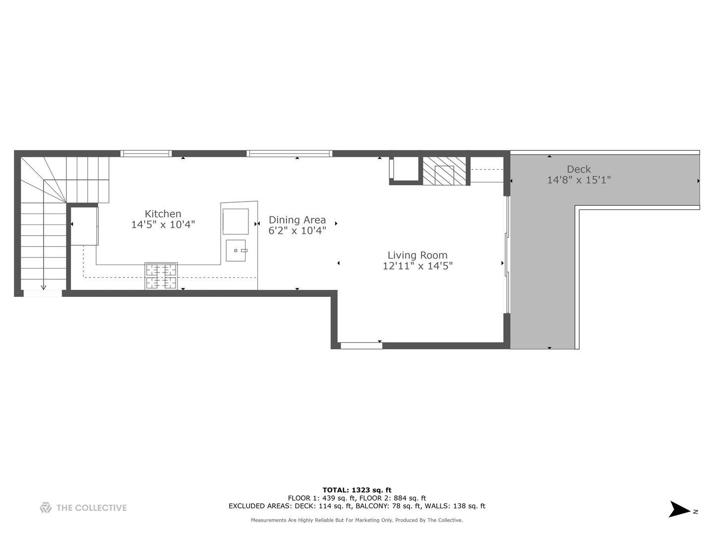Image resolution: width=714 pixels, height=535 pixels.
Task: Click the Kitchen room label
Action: pyautogui.click(x=163, y=214)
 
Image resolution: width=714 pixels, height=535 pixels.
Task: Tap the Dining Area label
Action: pyautogui.click(x=297, y=220)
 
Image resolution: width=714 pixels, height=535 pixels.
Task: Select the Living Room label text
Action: pyautogui.click(x=417, y=255)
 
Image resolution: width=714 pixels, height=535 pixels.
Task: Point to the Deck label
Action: pyautogui.click(x=579, y=169)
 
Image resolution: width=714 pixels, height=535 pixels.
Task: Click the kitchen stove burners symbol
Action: pyautogui.click(x=161, y=276)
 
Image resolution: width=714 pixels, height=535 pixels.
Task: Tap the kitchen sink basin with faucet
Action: pyautogui.click(x=236, y=250)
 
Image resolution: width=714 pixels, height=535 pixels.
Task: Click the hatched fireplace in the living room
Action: pyautogui.click(x=444, y=171)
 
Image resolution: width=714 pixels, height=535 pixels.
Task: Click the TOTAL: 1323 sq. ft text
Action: pyautogui.click(x=357, y=490)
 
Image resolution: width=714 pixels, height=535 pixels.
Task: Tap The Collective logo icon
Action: pyautogui.click(x=46, y=508)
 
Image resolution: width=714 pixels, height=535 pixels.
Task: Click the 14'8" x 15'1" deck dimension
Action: pyautogui.click(x=579, y=180)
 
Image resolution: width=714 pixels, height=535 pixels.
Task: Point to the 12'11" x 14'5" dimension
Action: pyautogui.click(x=417, y=266)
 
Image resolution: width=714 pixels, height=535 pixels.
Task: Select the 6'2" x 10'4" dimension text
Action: pyautogui.click(x=297, y=230)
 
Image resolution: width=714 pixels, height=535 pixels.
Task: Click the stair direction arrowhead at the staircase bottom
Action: pyautogui.click(x=43, y=287)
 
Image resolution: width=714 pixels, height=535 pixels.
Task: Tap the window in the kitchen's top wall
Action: pyautogui.click(x=146, y=154)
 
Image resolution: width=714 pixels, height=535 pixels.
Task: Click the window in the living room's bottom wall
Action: pyautogui.click(x=361, y=345)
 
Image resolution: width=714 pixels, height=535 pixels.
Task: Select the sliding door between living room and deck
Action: pyautogui.click(x=507, y=255)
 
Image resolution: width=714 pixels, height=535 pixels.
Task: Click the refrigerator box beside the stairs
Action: pyautogui.click(x=84, y=226)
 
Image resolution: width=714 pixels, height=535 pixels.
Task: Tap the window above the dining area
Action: pyautogui.click(x=290, y=154)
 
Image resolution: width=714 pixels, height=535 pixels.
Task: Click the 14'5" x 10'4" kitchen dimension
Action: pyautogui.click(x=163, y=224)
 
